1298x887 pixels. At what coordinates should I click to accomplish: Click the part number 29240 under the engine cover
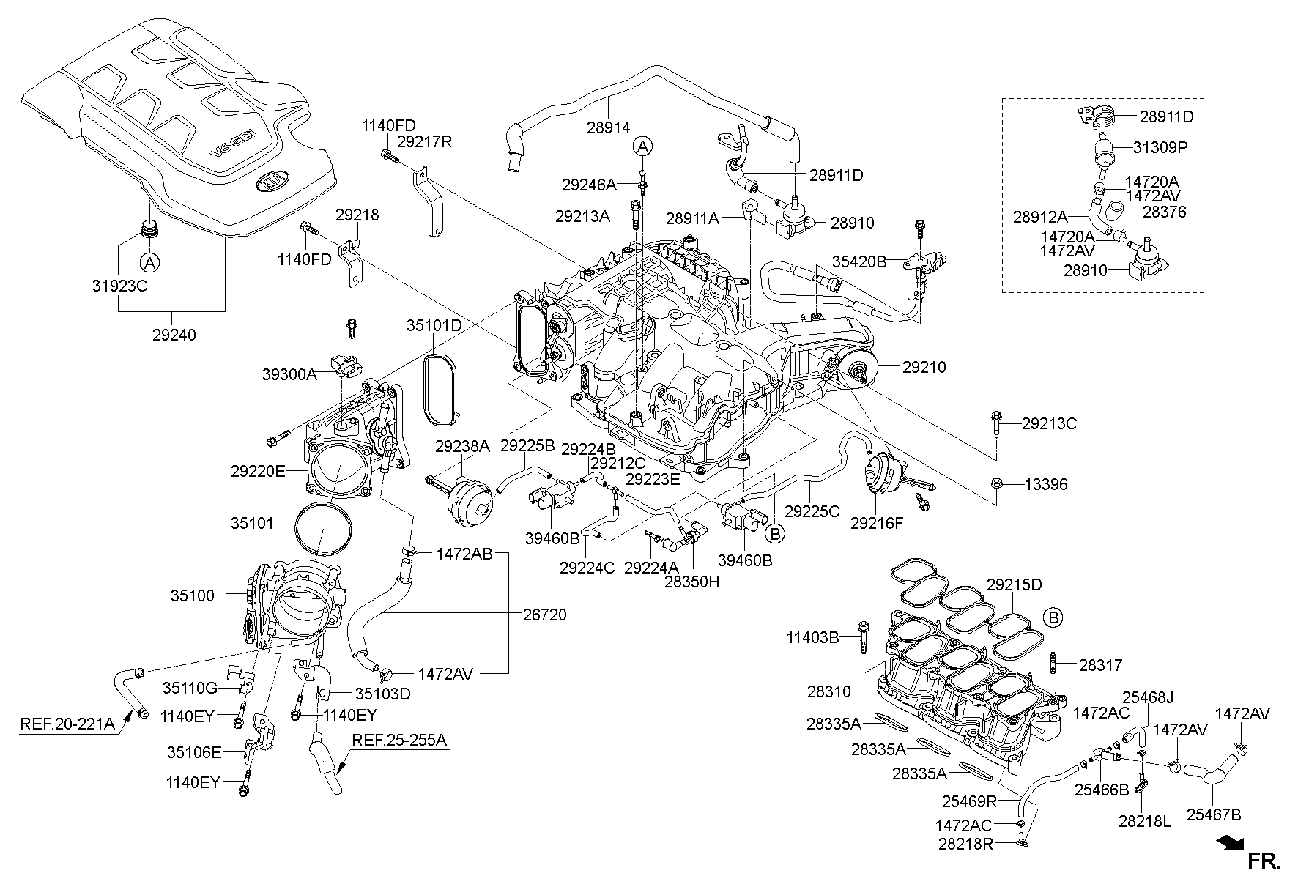point(174,334)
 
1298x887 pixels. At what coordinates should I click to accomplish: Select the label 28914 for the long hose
point(608,127)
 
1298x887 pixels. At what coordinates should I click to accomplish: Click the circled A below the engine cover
point(149,261)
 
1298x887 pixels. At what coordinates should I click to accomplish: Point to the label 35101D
point(434,324)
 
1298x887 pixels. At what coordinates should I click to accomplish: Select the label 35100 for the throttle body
point(193,595)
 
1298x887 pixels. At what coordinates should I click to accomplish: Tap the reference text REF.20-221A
point(67,724)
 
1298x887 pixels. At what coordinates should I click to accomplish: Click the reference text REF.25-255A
point(399,741)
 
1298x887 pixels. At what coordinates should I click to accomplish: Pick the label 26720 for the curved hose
point(544,614)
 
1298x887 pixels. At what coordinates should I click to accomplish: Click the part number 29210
point(924,367)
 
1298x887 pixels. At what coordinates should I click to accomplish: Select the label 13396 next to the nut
point(1045,484)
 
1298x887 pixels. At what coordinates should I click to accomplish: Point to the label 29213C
point(1049,423)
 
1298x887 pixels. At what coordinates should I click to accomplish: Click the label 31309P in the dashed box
point(1160,147)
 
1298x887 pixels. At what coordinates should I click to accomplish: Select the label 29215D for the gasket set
point(1014,584)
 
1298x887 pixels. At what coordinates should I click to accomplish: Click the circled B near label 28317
point(1053,617)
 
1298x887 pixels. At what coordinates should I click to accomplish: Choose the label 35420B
point(859,261)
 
